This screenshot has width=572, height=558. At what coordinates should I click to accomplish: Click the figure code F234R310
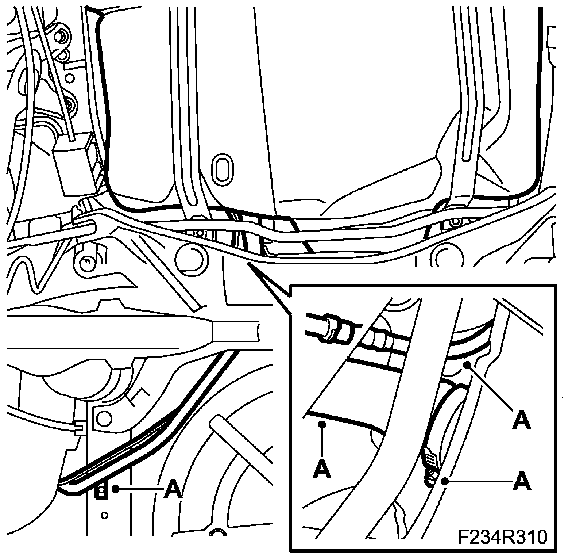coord(503,538)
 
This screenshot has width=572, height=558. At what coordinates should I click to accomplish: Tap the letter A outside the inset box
coord(173,489)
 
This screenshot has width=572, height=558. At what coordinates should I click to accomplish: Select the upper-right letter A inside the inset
coord(521,419)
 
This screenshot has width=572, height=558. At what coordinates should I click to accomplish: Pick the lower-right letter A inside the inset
coord(521,481)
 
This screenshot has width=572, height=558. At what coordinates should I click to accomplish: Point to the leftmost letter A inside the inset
coord(322,469)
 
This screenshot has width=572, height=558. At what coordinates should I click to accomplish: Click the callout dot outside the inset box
coord(116,488)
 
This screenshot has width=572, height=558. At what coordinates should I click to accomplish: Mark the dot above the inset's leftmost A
coord(322,424)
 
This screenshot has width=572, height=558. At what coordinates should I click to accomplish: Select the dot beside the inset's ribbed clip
coord(445,481)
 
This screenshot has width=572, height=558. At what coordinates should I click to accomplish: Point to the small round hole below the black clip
coord(105,515)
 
